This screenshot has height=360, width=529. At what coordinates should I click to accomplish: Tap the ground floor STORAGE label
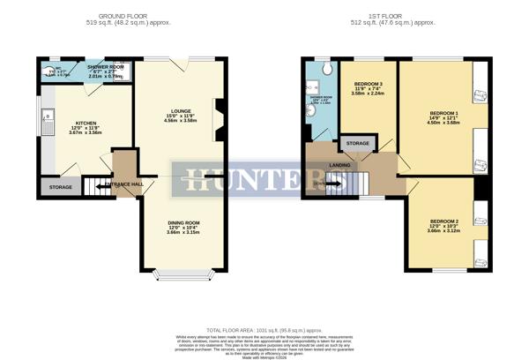(x=61, y=187)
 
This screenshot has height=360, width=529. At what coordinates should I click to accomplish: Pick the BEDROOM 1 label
(x=443, y=113)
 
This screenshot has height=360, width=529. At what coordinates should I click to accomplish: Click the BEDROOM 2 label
(x=443, y=221)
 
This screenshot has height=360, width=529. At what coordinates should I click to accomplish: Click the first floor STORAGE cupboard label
(x=357, y=143)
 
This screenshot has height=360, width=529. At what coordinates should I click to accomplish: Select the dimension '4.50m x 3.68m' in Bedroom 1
(x=443, y=124)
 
